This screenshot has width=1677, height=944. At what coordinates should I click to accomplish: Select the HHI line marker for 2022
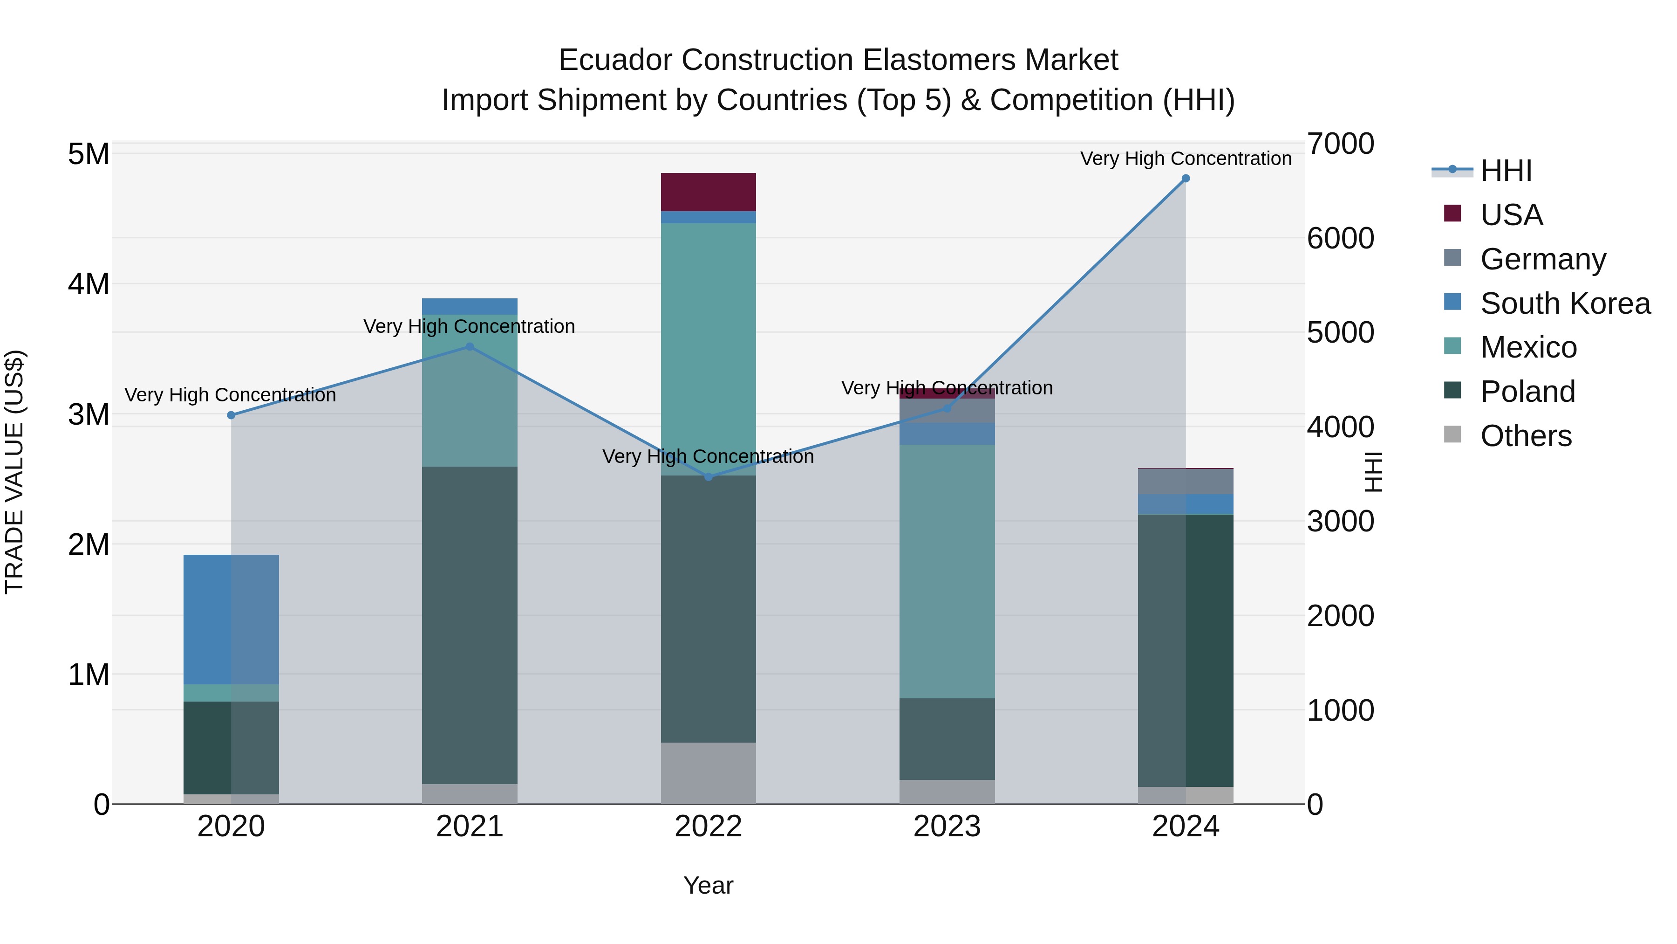click(x=708, y=477)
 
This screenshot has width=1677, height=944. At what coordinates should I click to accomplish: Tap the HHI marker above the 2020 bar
click(x=231, y=415)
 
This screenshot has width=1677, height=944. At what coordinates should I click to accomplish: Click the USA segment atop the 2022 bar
click(x=708, y=192)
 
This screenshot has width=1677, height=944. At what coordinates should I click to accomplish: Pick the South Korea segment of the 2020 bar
click(x=231, y=619)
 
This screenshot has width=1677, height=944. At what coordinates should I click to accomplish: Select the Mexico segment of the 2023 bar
click(x=947, y=572)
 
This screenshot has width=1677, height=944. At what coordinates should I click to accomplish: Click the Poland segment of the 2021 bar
click(x=470, y=626)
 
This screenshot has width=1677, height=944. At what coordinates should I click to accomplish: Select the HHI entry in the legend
click(x=1505, y=172)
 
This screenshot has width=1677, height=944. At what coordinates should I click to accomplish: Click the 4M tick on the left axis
click(x=89, y=284)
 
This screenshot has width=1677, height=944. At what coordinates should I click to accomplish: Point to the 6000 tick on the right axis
click(x=1340, y=238)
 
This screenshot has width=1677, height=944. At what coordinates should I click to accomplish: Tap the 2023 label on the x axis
click(x=947, y=827)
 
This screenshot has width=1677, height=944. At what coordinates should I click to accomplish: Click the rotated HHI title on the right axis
click(x=1372, y=472)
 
